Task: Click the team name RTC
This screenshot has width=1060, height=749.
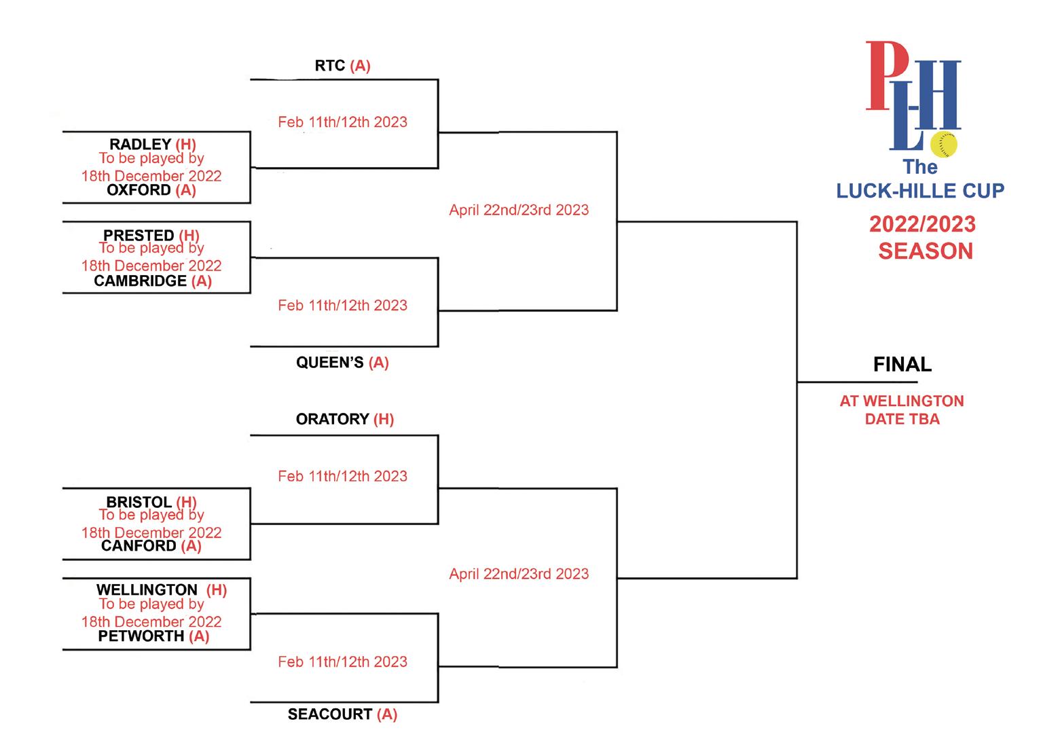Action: pyautogui.click(x=330, y=66)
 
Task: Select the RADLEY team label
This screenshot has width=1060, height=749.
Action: pyautogui.click(x=140, y=144)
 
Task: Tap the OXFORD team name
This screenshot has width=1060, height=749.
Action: pyautogui.click(x=139, y=190)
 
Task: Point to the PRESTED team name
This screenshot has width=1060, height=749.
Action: pyautogui.click(x=139, y=235)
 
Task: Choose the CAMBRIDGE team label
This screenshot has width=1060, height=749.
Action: pyautogui.click(x=140, y=281)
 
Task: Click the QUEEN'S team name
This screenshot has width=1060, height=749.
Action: pyautogui.click(x=330, y=363)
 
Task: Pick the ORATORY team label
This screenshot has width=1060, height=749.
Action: pyautogui.click(x=332, y=419)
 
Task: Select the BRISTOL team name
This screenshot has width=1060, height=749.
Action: pyautogui.click(x=139, y=502)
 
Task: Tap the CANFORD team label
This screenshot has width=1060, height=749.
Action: pyautogui.click(x=139, y=546)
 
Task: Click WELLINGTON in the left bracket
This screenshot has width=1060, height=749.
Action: pyautogui.click(x=147, y=589)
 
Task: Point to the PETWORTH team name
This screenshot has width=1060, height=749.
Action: pyautogui.click(x=141, y=636)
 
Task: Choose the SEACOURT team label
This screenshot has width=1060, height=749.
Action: pyautogui.click(x=330, y=714)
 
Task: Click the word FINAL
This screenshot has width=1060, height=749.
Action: pyautogui.click(x=902, y=365)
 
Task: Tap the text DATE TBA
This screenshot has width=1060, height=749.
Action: pyautogui.click(x=902, y=419)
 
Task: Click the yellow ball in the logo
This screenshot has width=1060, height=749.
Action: pyautogui.click(x=944, y=145)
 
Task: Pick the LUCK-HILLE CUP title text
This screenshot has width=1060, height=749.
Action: pyautogui.click(x=920, y=191)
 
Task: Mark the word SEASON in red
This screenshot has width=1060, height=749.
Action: pyautogui.click(x=926, y=251)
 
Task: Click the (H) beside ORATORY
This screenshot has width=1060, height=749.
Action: pyautogui.click(x=384, y=419)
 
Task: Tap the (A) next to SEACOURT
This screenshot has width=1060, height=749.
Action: pyautogui.click(x=387, y=714)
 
